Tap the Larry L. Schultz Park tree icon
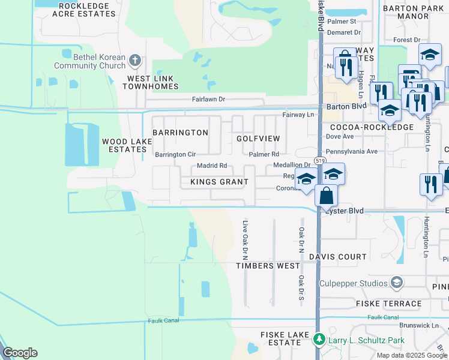coord(319,341)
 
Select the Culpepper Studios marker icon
coord(396,282)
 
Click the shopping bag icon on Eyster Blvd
coord(325,195)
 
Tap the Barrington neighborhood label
coord(180,132)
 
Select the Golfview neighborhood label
coord(258,139)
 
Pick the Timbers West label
coord(267,266)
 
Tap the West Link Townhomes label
coord(151,82)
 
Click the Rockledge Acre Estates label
coord(83,10)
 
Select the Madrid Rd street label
coord(211,166)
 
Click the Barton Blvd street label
coord(346,106)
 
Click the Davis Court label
coord(337,257)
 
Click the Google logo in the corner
coord(20,353)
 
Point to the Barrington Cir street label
coord(175,155)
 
